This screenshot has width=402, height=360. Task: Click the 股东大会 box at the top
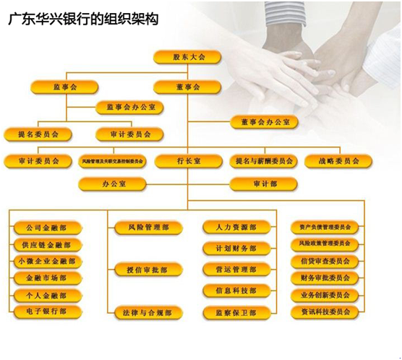click(x=188, y=56)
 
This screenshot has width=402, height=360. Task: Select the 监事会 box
click(x=64, y=87)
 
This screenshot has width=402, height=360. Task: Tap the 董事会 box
click(x=188, y=87)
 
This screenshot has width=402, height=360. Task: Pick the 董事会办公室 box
click(x=264, y=122)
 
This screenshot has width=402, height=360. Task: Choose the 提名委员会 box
click(x=33, y=134)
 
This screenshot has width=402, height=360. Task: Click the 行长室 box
click(x=188, y=160)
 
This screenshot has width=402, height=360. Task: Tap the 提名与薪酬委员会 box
click(x=264, y=160)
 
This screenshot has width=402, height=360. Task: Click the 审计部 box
click(x=264, y=184)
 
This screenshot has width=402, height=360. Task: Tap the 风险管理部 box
click(x=148, y=227)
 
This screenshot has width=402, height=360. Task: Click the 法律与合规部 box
click(x=148, y=313)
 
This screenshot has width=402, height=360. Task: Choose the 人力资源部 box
click(x=229, y=227)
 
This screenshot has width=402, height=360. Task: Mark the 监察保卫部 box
click(x=229, y=313)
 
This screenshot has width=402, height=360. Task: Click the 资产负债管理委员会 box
click(x=325, y=226)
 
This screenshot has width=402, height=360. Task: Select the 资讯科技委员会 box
click(x=325, y=312)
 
